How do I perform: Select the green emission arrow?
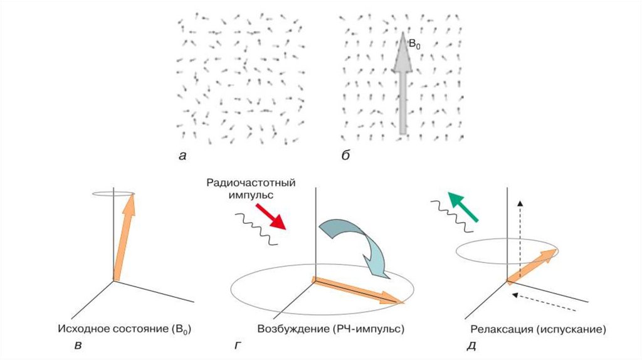click(465, 208)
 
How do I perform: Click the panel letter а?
click(182, 157)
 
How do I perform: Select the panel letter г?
click(236, 344)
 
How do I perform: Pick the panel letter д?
click(470, 344)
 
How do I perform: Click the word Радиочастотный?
click(250, 183)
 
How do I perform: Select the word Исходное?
click(81, 329)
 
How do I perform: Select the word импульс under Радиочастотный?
click(250, 195)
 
